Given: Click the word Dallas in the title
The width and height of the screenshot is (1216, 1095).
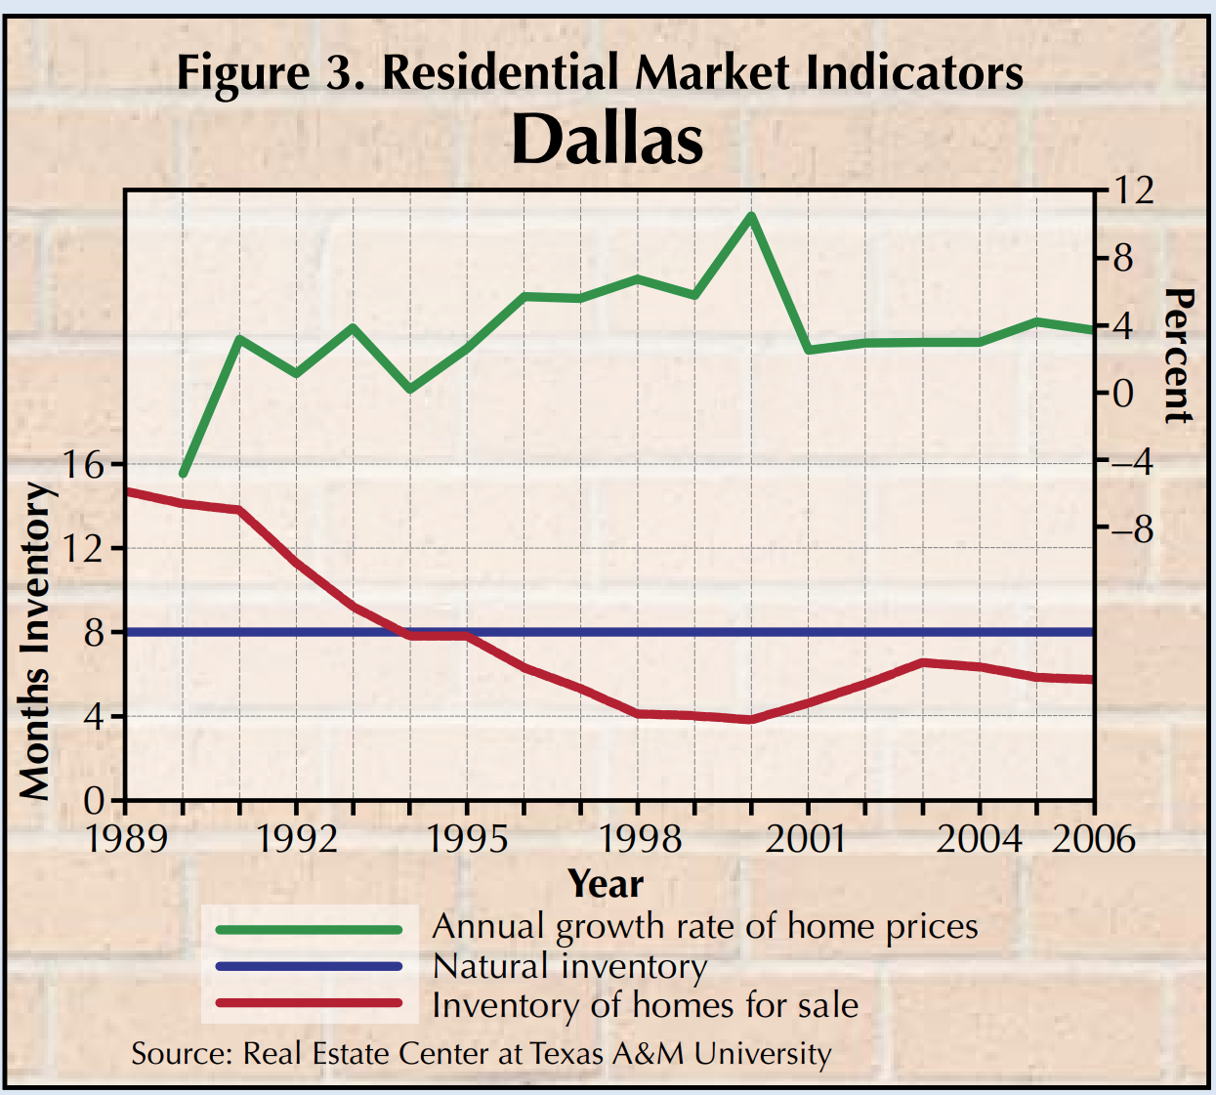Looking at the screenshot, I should pyautogui.click(x=607, y=140).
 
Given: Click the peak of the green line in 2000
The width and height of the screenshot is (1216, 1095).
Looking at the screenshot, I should pyautogui.click(x=750, y=216).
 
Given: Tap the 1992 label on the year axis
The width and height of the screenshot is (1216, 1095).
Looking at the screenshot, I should pyautogui.click(x=296, y=839).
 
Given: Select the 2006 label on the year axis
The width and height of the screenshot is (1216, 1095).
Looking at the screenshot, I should pyautogui.click(x=1093, y=839).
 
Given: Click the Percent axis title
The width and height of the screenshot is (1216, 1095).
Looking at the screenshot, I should pyautogui.click(x=1179, y=356).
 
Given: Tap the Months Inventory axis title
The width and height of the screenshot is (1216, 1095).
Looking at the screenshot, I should pyautogui.click(x=35, y=641).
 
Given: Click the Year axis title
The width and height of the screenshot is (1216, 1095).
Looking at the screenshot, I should pyautogui.click(x=606, y=884).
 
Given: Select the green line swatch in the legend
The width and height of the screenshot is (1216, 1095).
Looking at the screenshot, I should pyautogui.click(x=309, y=929).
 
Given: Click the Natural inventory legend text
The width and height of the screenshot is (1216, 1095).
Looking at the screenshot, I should pyautogui.click(x=569, y=966).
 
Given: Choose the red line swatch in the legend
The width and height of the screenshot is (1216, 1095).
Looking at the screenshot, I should pyautogui.click(x=309, y=1003).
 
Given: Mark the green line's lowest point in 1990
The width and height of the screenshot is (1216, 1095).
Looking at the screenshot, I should pyautogui.click(x=183, y=474).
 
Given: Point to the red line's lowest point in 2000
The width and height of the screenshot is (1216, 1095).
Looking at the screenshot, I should pyautogui.click(x=750, y=720).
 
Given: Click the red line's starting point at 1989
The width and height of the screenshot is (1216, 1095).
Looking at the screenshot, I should pyautogui.click(x=128, y=491).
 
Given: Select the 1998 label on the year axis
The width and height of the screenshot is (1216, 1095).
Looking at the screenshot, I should pyautogui.click(x=640, y=839).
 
